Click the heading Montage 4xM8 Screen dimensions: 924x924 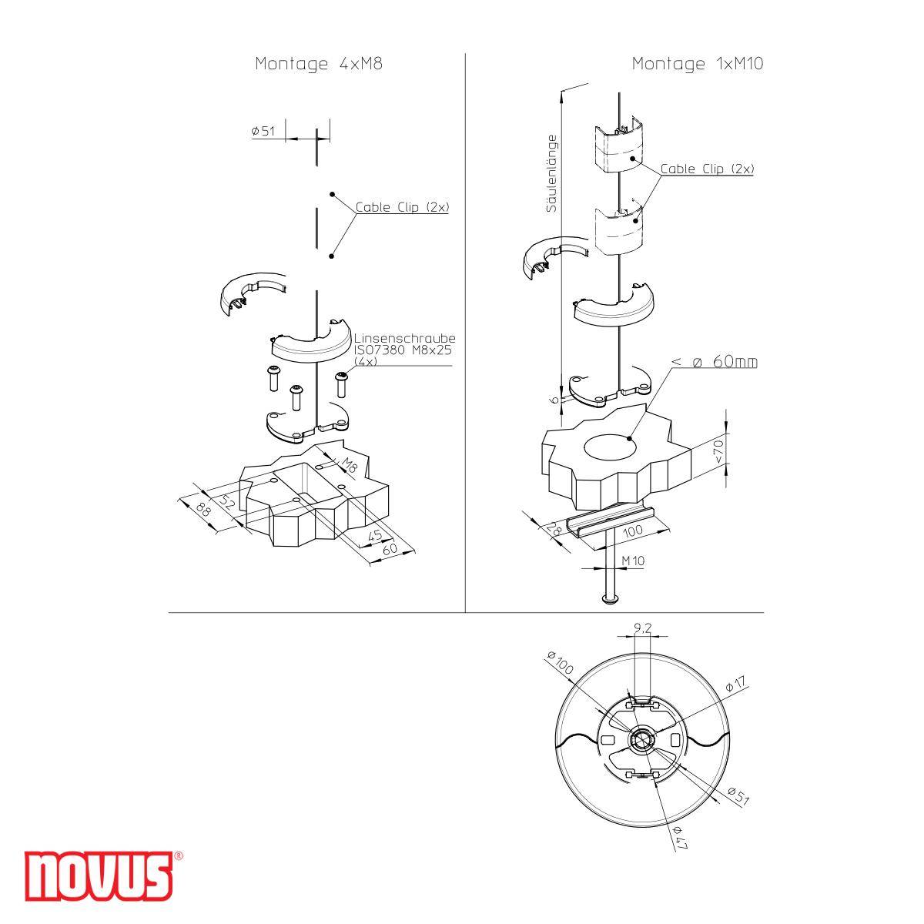pos(318,65)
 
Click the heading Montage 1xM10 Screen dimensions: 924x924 pos(697,65)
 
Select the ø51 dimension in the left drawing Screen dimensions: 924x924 pos(263,131)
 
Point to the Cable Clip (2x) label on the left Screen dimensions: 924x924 pos(402,208)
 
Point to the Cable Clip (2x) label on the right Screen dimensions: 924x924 pos(706,169)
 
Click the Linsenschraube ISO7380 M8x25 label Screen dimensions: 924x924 pos(404,349)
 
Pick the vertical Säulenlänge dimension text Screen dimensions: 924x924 pos(551,173)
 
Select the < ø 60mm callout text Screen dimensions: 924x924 pos(714,361)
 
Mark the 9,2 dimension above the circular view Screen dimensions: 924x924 pos(641,628)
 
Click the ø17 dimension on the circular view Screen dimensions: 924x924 pos(735,684)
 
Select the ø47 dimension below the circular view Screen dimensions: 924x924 pos(680,837)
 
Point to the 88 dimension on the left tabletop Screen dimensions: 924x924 pos(203,510)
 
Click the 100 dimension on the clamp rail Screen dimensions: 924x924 pos(633,531)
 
